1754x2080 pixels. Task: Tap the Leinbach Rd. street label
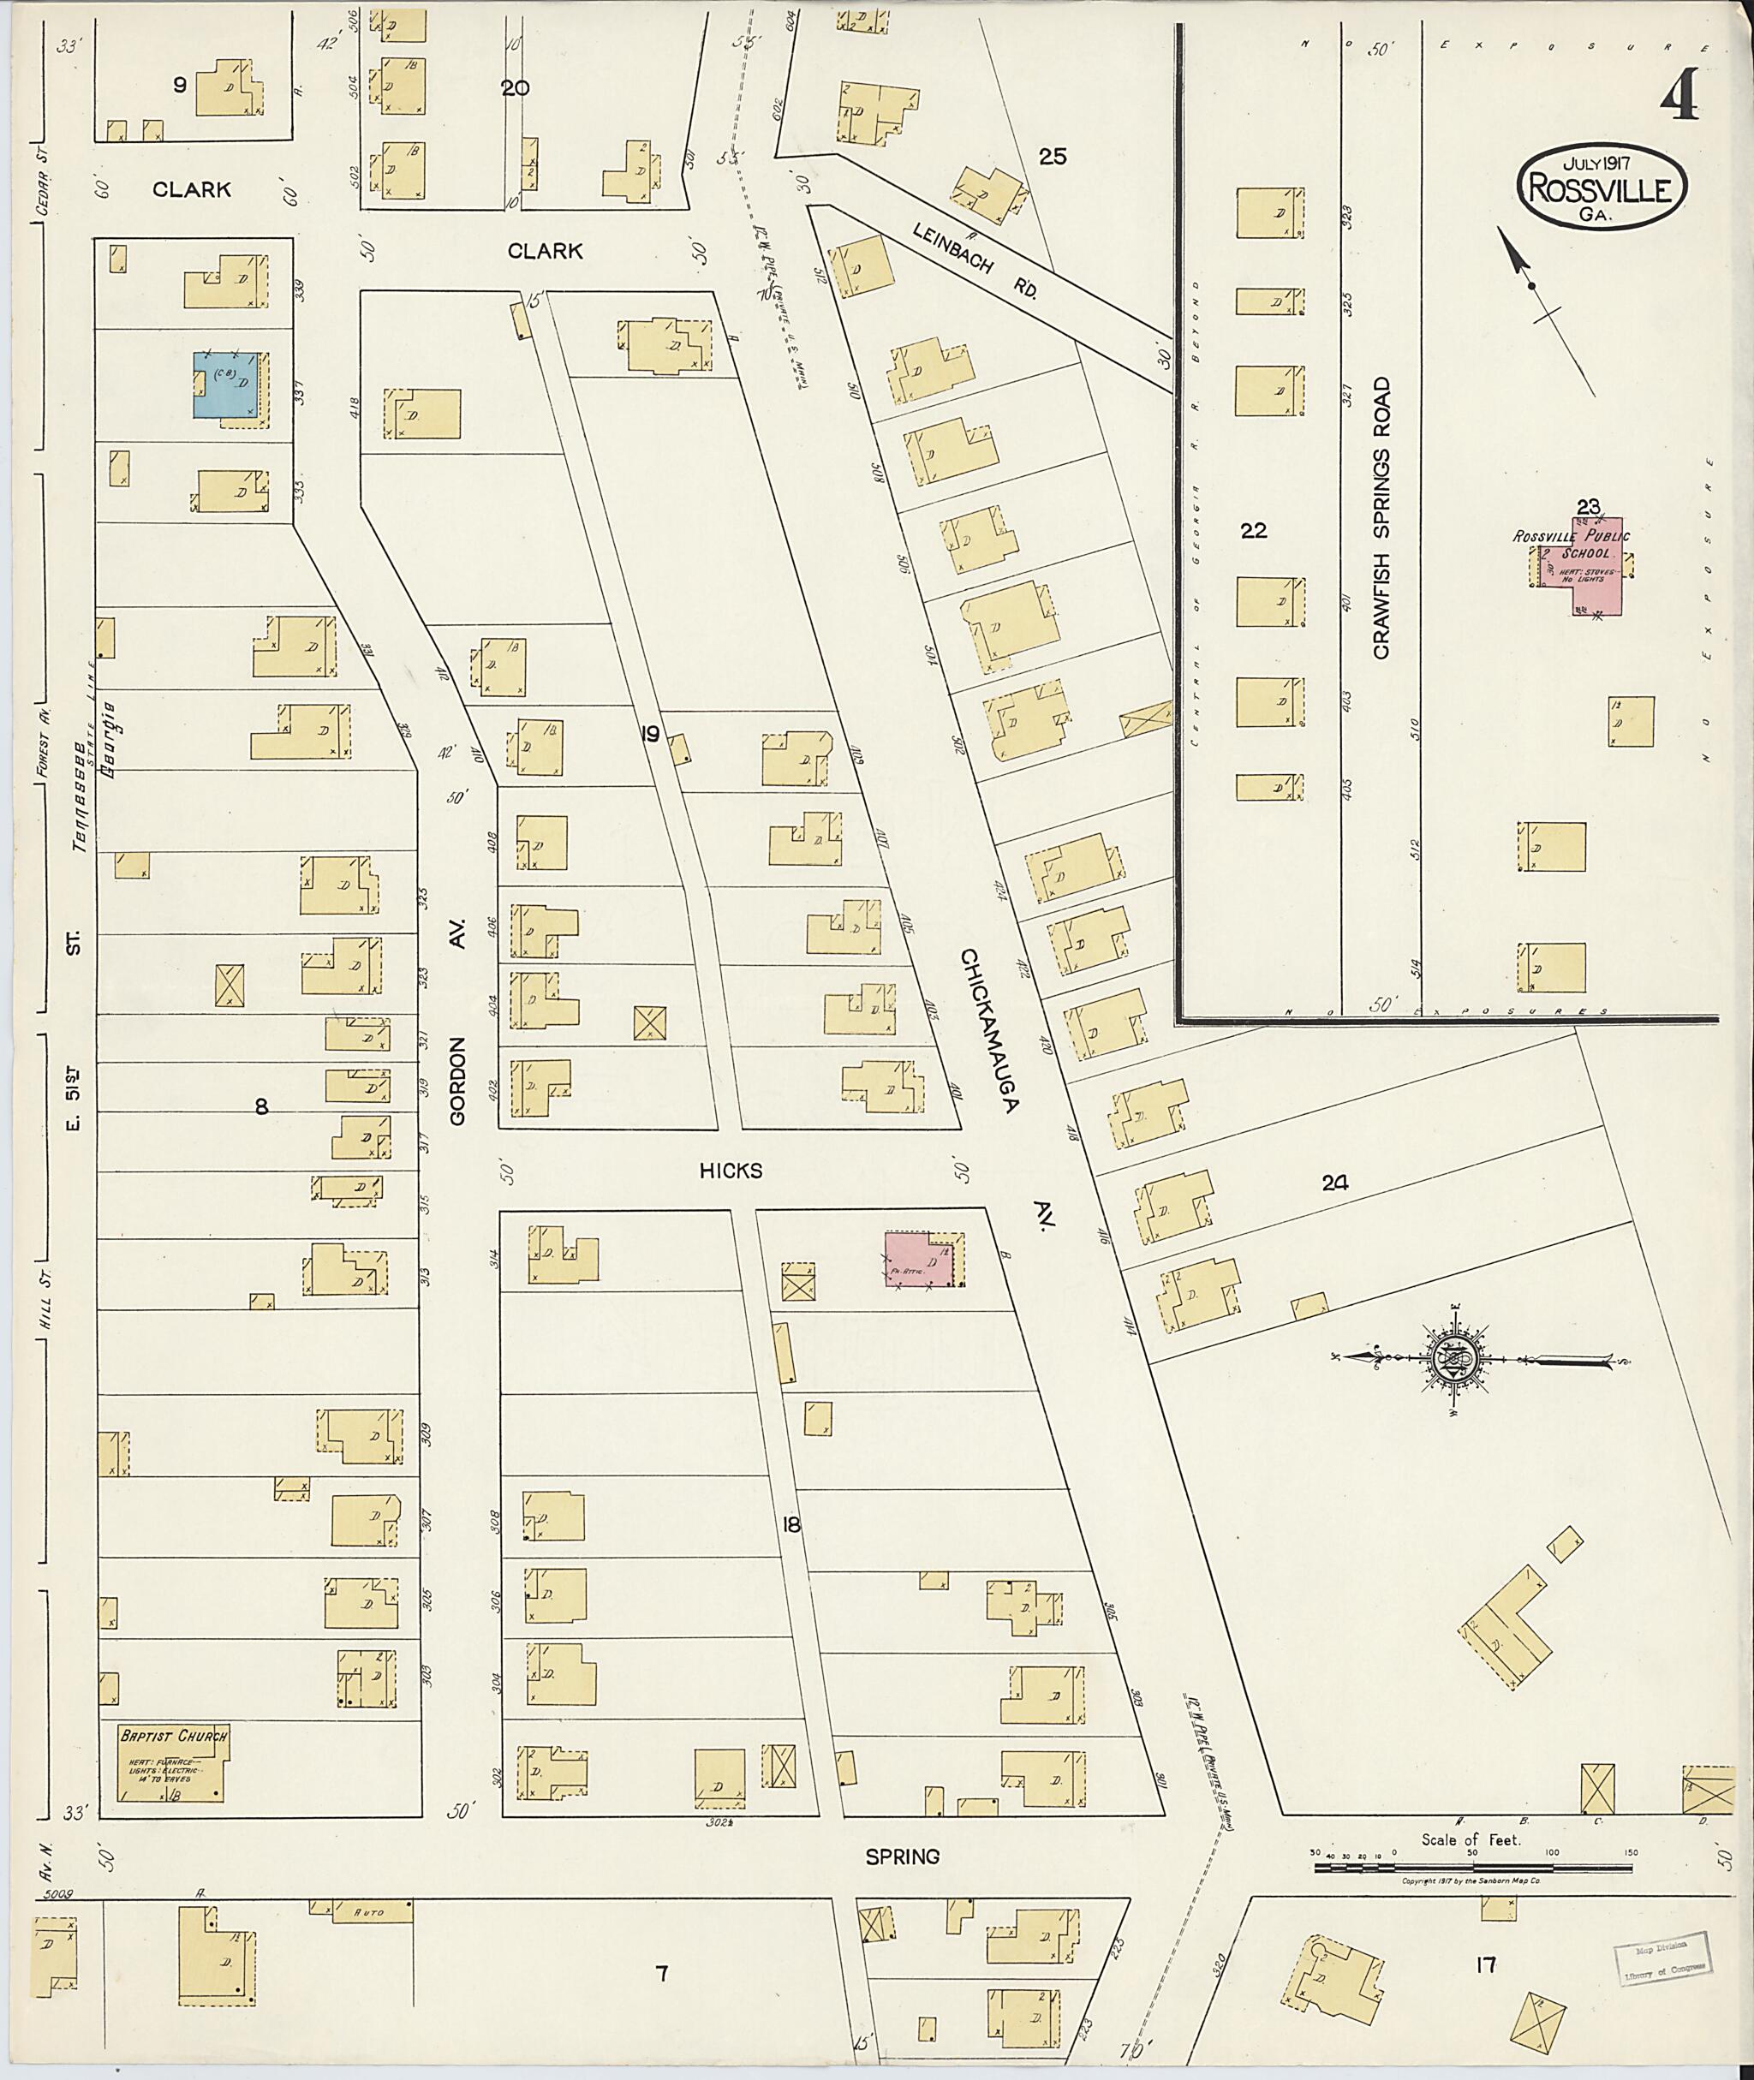pyautogui.click(x=975, y=260)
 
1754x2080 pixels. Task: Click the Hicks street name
pyautogui.click(x=730, y=1171)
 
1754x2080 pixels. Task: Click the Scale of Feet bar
pyautogui.click(x=1471, y=1868)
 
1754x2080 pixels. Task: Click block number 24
pyautogui.click(x=1334, y=1183)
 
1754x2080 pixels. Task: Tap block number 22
pyautogui.click(x=1253, y=531)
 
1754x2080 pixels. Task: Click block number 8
pyautogui.click(x=261, y=1106)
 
